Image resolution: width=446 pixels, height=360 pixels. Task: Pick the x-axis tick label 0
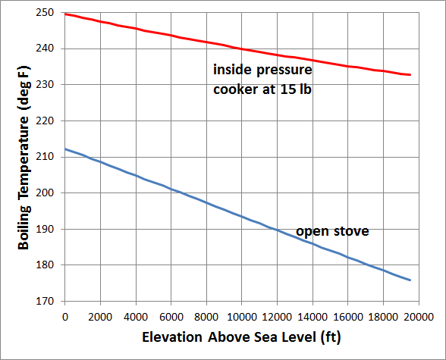65,316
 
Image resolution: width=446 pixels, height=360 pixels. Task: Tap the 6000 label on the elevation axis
171,316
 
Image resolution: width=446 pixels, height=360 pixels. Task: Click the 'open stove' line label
332,230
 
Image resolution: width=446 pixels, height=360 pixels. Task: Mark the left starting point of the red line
66,14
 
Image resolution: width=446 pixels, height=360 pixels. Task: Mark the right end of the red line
410,75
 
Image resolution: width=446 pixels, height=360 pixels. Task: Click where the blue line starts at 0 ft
66,149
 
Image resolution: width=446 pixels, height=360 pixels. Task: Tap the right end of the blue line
410,280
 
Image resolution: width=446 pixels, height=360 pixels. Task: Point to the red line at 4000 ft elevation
136,29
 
